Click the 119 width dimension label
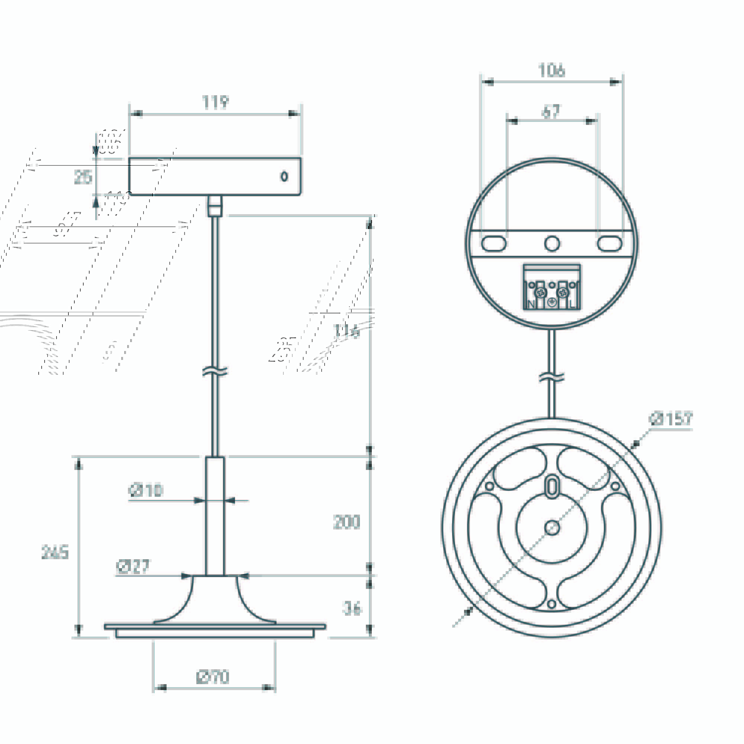tap(215, 103)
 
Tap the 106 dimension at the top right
tap(551, 71)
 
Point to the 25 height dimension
tap(83, 177)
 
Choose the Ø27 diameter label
tap(132, 567)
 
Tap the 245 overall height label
tap(55, 552)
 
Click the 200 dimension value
tap(347, 522)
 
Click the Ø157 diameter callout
tap(670, 419)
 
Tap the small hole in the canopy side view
tap(284, 176)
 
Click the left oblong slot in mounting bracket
tap(494, 244)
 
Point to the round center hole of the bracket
tap(552, 244)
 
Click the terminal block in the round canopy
tap(551, 287)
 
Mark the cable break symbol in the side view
tap(215, 371)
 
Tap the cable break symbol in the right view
tap(551, 377)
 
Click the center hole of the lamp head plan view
tap(552, 528)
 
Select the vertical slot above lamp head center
tap(552, 487)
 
